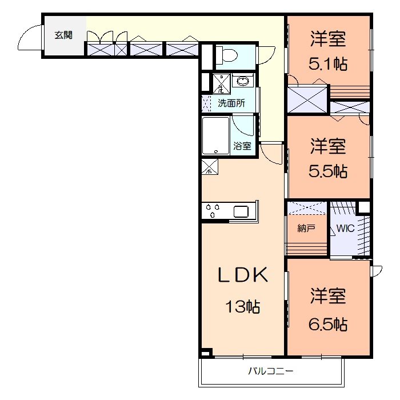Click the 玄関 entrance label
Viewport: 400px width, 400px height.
(63, 35)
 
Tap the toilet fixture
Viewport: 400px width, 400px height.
(228, 56)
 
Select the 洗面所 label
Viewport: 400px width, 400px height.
(231, 103)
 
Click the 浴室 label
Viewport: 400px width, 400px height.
(242, 146)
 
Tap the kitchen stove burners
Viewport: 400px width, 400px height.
(213, 210)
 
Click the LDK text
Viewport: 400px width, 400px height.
(242, 275)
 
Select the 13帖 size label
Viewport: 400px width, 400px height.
(242, 307)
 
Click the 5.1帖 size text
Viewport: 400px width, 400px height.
(328, 64)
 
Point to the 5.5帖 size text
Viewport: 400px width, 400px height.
(328, 171)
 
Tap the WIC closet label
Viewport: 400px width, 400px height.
(345, 228)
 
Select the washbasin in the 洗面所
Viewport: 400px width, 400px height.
(243, 81)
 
